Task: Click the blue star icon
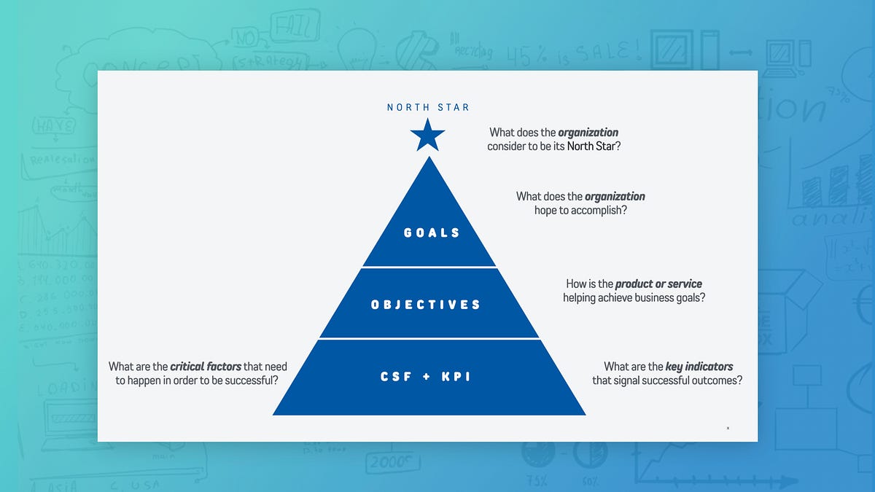pyautogui.click(x=427, y=136)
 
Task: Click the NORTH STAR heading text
pyautogui.click(x=428, y=107)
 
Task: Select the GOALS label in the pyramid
pyautogui.click(x=432, y=233)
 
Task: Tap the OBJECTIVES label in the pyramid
pyautogui.click(x=426, y=305)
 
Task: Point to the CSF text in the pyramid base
pyautogui.click(x=397, y=377)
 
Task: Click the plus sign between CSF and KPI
pyautogui.click(x=428, y=377)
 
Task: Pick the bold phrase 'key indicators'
pyautogui.click(x=699, y=367)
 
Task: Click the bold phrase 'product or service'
pyautogui.click(x=658, y=284)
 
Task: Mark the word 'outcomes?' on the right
pyautogui.click(x=718, y=380)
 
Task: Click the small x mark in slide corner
pyautogui.click(x=728, y=428)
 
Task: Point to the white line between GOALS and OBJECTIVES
pyautogui.click(x=429, y=267)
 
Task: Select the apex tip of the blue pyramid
pyautogui.click(x=429, y=157)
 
